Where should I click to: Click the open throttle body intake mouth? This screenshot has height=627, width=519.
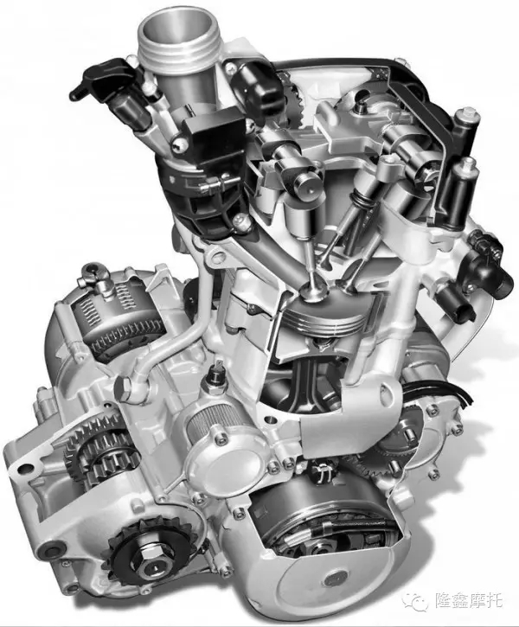pos(178,33)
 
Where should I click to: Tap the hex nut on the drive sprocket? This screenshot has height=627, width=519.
pos(154,553)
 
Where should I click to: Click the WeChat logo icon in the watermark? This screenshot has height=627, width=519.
pos(416,600)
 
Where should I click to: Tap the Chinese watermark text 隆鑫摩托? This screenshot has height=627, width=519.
pos(469,600)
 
